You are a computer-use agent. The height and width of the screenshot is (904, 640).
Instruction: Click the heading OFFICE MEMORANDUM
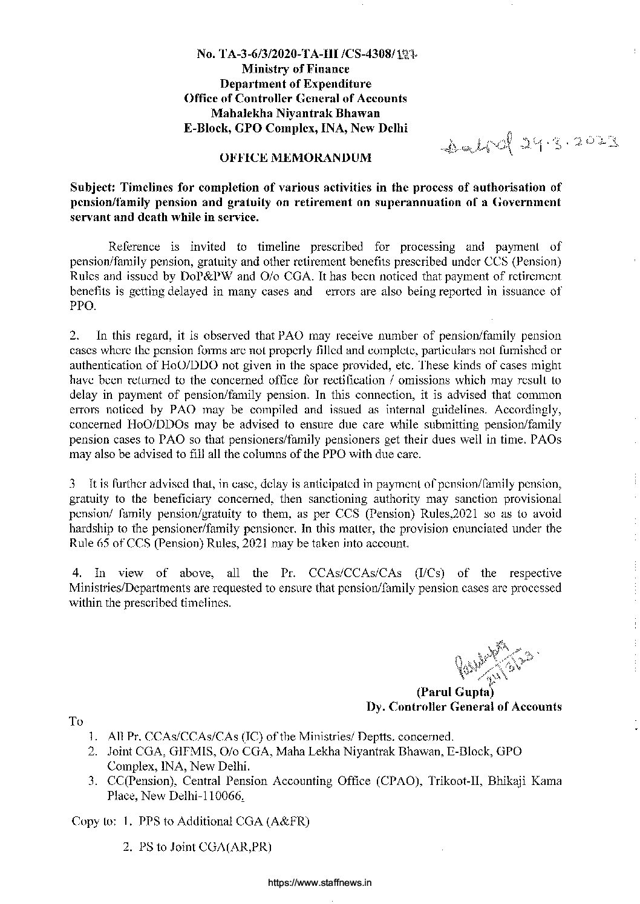(x=295, y=158)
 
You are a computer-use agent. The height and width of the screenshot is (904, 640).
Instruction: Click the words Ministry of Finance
(x=295, y=69)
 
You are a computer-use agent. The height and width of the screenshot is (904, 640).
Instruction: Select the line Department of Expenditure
(x=295, y=84)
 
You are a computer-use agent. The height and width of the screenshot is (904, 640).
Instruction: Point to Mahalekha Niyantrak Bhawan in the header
(x=295, y=113)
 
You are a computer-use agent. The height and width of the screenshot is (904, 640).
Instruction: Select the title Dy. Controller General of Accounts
(x=464, y=706)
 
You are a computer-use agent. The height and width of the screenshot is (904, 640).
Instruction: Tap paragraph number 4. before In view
(x=76, y=573)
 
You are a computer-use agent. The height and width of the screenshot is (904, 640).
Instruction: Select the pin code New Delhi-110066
(x=194, y=796)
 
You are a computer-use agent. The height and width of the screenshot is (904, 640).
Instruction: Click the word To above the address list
(x=76, y=722)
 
